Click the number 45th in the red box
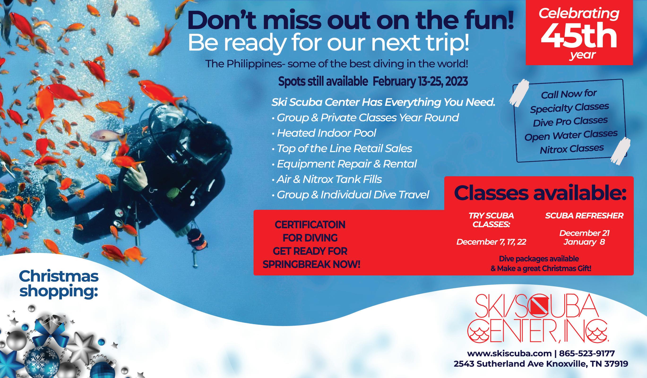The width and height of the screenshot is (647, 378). (579, 37)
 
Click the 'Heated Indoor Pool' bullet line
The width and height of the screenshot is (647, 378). (324, 133)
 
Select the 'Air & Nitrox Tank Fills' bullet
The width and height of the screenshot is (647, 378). (327, 179)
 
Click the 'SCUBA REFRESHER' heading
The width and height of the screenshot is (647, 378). (584, 215)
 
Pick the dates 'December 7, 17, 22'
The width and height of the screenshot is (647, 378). (491, 242)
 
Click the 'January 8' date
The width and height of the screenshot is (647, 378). (584, 242)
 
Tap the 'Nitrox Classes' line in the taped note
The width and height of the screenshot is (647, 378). (572, 149)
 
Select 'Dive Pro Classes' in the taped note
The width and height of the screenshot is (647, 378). (570, 121)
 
